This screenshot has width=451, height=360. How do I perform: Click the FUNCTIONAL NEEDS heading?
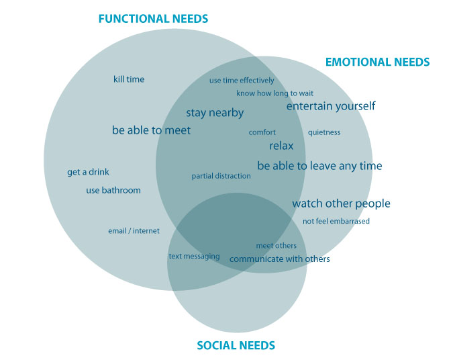pos(153,19)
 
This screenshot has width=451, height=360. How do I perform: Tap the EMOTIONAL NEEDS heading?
pos(377,62)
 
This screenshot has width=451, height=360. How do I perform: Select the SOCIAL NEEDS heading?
pos(236,345)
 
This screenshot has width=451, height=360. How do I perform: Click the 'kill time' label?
pos(129,79)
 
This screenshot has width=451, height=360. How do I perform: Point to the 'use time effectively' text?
pos(242,81)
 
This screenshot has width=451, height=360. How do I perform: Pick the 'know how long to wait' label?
pos(274,93)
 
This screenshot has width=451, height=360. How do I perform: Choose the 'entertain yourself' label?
pos(331,106)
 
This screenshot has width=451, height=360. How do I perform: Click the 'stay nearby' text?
pos(215,113)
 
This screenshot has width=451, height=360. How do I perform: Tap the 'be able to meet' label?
pos(151,130)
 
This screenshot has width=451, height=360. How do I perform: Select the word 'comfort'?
pos(262,132)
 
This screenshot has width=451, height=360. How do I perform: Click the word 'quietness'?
pos(324,132)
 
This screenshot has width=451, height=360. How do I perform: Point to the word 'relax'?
pos(281,146)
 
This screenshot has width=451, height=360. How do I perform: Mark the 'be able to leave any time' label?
pos(319,166)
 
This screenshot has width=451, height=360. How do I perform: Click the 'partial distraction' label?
pos(221,176)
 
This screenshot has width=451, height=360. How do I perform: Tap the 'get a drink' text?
pos(88,172)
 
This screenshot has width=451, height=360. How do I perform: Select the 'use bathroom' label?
pos(113,190)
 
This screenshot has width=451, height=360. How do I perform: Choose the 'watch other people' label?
pos(341,204)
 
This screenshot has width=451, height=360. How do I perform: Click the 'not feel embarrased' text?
pos(336,221)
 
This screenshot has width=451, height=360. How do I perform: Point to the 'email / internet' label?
pos(134,231)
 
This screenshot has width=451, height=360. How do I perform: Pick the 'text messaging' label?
pos(194,257)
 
